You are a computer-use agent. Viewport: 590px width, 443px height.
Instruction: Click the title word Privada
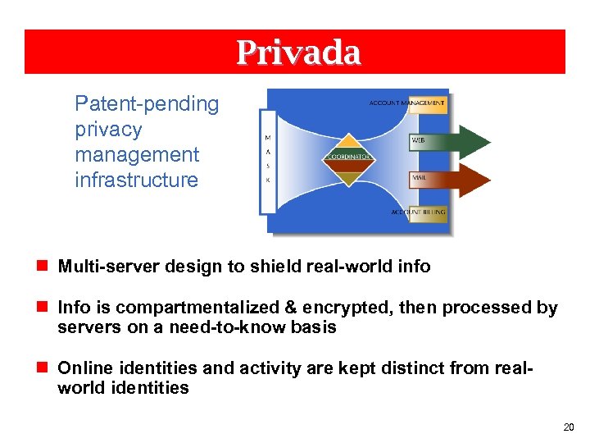click(298, 53)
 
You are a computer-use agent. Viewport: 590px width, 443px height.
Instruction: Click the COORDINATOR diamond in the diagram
click(350, 156)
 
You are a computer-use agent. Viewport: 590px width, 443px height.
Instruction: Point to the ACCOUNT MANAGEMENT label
click(407, 103)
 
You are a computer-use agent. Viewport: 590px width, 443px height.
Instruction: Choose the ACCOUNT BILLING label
click(418, 212)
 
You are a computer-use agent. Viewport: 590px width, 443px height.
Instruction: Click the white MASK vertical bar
click(269, 162)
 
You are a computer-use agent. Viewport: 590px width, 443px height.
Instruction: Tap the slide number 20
click(569, 427)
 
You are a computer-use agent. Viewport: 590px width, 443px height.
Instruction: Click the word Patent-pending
click(147, 104)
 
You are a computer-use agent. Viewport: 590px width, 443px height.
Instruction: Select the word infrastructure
click(136, 180)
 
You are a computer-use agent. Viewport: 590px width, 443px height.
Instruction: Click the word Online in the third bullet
click(83, 368)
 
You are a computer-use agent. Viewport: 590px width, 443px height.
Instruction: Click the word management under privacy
click(136, 154)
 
